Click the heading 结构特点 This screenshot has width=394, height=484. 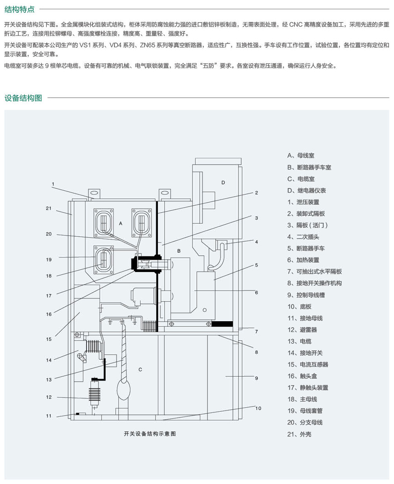(20, 9)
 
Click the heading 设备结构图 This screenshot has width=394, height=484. (23, 98)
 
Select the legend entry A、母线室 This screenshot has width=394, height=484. (300, 156)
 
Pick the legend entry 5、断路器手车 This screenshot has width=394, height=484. (306, 248)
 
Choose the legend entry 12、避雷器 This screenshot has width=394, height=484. (302, 330)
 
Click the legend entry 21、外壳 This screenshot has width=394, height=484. (299, 434)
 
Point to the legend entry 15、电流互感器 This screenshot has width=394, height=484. (308, 364)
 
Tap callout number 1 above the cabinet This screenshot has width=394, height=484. (53, 184)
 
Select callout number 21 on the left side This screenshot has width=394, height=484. (49, 208)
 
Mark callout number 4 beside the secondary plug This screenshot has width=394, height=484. (256, 242)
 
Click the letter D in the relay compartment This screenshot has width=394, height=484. (223, 182)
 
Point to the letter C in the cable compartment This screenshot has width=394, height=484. (140, 370)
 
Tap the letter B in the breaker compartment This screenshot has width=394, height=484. (179, 251)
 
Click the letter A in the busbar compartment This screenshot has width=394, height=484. (120, 224)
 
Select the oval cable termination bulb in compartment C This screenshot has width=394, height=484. (124, 390)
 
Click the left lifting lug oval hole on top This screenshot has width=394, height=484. (94, 193)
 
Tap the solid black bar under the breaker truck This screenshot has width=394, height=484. (222, 324)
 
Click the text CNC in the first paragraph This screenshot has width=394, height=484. (295, 24)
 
